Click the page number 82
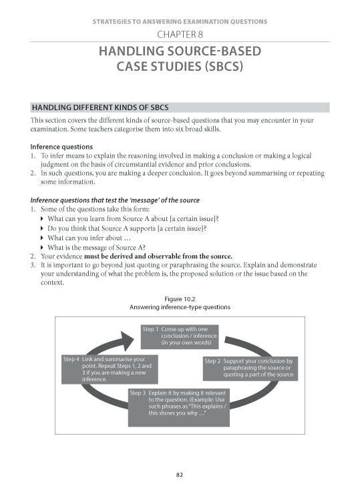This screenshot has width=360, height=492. (180, 475)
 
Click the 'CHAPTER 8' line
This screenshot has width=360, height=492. (180, 34)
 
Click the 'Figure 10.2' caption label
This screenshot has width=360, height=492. (179, 298)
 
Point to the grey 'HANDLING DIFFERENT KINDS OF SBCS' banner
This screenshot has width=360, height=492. (180, 107)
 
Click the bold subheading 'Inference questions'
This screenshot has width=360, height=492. (61, 147)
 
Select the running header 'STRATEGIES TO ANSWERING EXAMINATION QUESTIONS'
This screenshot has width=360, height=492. (180, 21)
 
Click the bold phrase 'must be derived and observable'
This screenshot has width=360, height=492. (157, 256)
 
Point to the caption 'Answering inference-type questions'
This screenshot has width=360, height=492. (179, 307)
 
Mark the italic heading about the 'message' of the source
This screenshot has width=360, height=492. (115, 200)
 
